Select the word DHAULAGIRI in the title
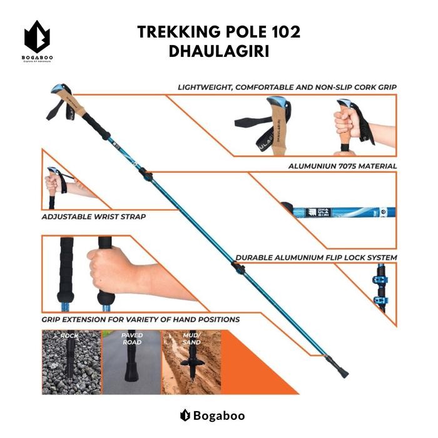coord(219,52)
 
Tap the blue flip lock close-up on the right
coord(379,291)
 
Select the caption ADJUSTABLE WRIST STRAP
coord(93,216)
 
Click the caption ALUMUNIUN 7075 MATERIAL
coord(342,166)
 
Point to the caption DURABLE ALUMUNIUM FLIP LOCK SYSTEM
coord(316,257)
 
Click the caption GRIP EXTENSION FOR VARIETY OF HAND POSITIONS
coord(140,319)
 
